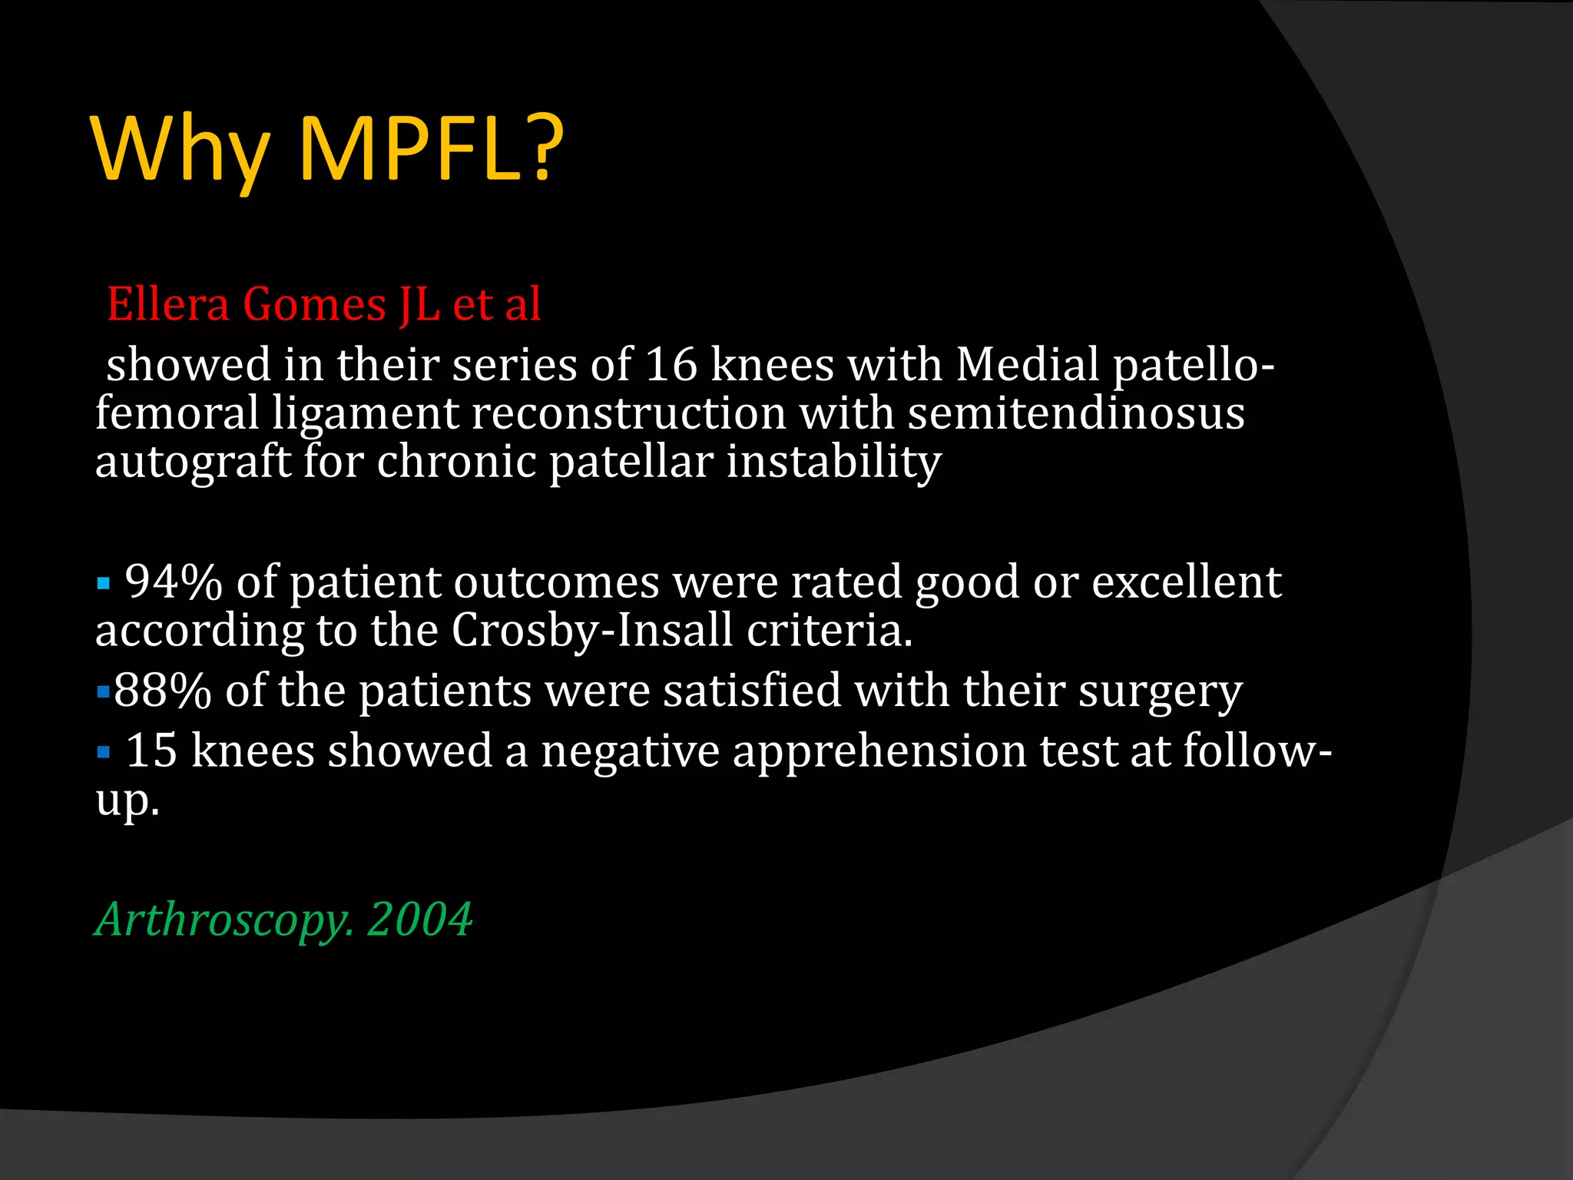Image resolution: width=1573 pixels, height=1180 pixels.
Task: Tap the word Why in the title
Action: [181, 150]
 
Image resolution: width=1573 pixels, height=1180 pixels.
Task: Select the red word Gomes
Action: [314, 304]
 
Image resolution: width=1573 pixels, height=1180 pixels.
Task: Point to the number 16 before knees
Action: [671, 364]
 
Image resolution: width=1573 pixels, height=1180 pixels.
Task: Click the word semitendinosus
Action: [1075, 413]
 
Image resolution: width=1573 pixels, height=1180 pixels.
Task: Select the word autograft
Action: [192, 462]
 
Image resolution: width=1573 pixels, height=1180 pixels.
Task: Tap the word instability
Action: [833, 462]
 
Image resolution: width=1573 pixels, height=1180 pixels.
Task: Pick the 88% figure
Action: [162, 691]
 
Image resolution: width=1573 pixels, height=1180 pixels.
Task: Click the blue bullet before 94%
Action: [104, 584]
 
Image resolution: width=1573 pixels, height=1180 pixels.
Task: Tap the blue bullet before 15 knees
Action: [104, 752]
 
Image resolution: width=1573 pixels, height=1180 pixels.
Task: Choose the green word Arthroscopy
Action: [224, 920]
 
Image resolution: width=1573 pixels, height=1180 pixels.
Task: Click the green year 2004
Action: [419, 920]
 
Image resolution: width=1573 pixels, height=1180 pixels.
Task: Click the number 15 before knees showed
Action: [151, 751]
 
